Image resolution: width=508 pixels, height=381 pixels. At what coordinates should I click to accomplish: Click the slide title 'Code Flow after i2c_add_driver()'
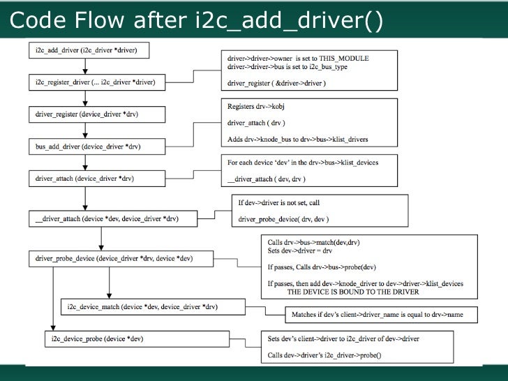(196, 22)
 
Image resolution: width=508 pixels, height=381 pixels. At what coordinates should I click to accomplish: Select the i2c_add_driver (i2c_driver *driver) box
(91, 50)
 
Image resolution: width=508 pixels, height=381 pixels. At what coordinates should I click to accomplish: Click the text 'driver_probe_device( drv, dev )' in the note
(280, 218)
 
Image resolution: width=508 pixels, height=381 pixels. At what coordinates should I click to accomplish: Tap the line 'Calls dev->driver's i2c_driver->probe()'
(324, 354)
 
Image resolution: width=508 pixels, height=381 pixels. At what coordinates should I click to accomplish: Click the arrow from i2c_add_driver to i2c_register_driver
(84, 66)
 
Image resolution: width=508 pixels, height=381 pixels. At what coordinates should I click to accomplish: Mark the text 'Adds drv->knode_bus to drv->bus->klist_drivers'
(298, 139)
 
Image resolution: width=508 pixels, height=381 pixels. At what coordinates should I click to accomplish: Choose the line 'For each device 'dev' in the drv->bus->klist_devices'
(303, 163)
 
